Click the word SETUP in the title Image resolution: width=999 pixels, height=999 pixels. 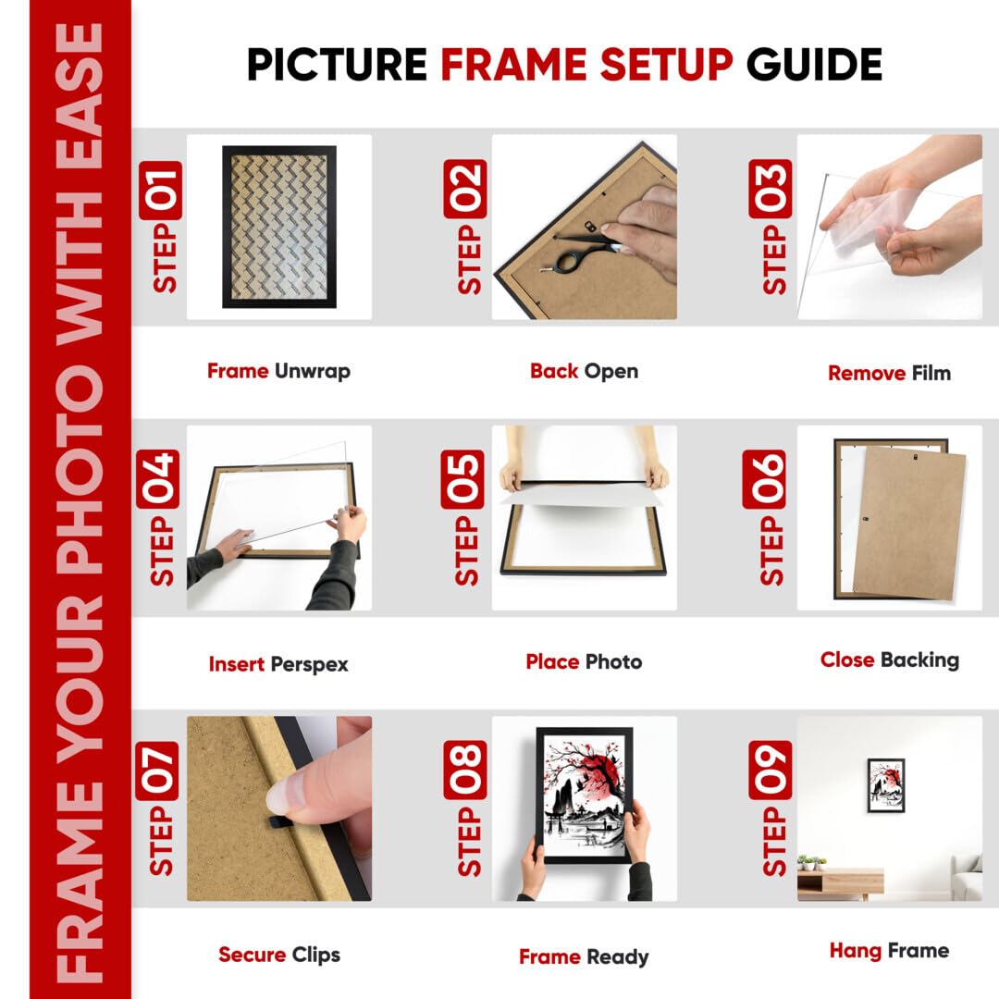[x=666, y=65]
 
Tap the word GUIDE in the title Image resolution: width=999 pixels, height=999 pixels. [x=814, y=65]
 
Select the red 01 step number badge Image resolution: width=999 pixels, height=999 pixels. [x=160, y=190]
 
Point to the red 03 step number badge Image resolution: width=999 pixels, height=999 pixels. [x=771, y=190]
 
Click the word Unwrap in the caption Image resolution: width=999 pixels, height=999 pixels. [x=313, y=372]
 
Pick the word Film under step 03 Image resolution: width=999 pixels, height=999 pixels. [x=931, y=373]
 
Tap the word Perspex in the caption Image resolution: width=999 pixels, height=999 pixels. [x=310, y=664]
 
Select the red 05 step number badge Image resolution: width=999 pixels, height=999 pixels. [x=462, y=479]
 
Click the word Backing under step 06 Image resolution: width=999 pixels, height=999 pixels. [x=920, y=660]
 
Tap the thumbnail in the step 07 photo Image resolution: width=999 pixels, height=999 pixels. [x=287, y=795]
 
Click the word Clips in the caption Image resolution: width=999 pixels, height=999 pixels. [x=316, y=955]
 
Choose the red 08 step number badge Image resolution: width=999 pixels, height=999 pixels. [x=465, y=770]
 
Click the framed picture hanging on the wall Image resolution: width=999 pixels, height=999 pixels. [x=885, y=785]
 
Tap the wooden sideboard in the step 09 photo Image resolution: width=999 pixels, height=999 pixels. [x=840, y=883]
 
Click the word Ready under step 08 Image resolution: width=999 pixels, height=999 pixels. [x=617, y=957]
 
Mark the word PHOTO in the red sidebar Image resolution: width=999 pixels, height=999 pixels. [x=80, y=466]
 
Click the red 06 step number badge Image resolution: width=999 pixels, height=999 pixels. [x=764, y=479]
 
